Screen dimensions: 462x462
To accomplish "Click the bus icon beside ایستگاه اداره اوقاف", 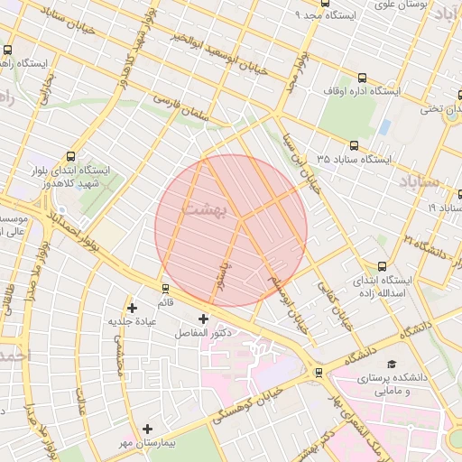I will tap(363, 78).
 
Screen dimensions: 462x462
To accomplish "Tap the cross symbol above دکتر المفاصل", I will tap(203, 319).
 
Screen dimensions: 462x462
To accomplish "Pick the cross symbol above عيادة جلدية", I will tap(132, 307).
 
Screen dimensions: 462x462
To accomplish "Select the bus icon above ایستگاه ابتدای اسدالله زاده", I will tap(383, 266).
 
